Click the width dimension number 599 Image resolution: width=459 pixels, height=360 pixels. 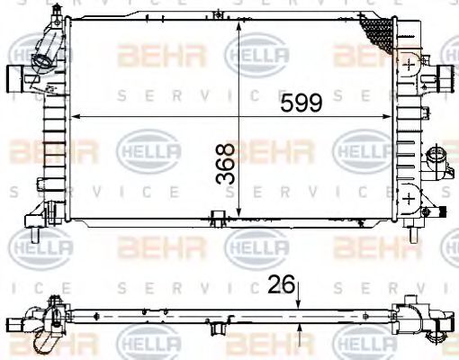pyautogui.click(x=301, y=103)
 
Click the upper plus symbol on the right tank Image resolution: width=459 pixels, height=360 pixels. pyautogui.click(x=409, y=66)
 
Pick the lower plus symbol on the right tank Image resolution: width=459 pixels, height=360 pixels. pyautogui.click(x=409, y=197)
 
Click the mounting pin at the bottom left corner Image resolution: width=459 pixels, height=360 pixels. pyautogui.click(x=34, y=236)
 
